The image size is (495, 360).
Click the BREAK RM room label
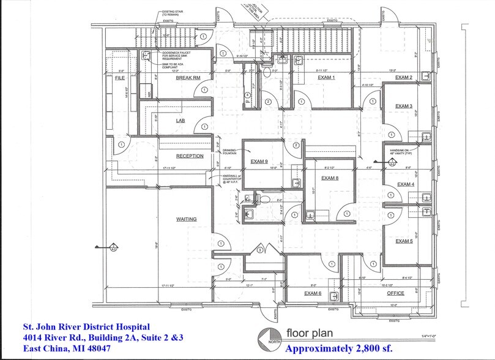[188, 78]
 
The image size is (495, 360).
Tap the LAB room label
[181, 121]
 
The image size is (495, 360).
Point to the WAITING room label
[186, 218]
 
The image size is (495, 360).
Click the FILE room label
[119, 78]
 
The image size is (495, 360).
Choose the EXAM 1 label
[325, 78]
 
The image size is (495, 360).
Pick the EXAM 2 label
[403, 78]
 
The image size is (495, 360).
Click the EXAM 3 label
[403, 106]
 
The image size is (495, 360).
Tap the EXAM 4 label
[405, 184]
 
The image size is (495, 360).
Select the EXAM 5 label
[404, 241]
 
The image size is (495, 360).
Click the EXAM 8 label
[330, 178]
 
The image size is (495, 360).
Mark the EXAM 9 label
[259, 162]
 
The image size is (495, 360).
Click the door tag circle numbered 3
[260, 250]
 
